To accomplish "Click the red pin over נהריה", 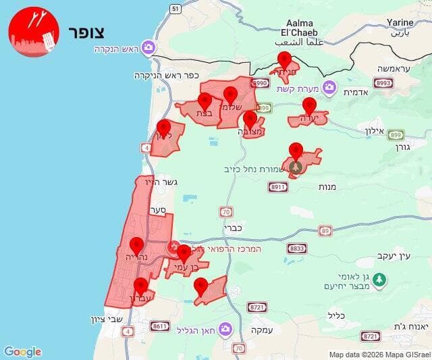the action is click(137, 246).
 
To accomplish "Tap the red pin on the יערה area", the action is click(309, 106).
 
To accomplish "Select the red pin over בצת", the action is click(205, 102).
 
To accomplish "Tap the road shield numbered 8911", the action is click(278, 187).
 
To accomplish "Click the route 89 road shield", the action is click(326, 230).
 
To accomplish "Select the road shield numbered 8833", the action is click(297, 249).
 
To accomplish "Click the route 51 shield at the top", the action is click(175, 8).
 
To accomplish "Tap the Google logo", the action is click(22, 351).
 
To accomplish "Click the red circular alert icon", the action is click(34, 32).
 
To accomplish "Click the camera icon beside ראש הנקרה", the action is click(149, 48).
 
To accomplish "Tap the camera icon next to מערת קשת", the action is click(329, 86).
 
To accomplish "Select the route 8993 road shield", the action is click(383, 82).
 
